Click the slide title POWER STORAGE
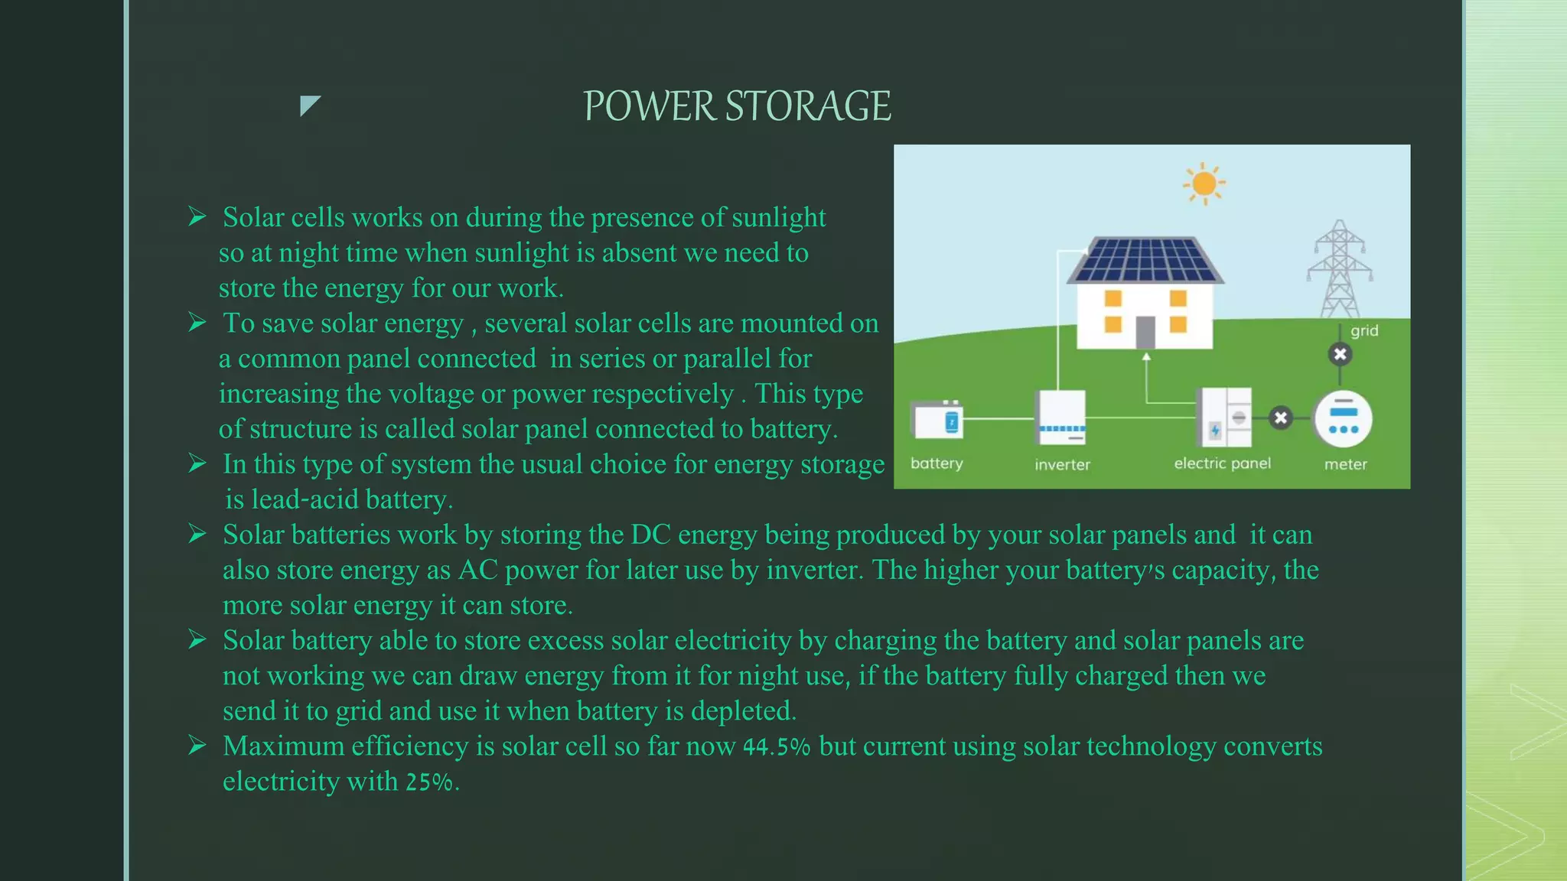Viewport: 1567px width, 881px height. tap(737, 106)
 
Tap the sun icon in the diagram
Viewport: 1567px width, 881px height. tap(1204, 184)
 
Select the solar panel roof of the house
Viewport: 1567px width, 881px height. tap(1145, 260)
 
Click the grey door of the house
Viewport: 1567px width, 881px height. tap(1145, 332)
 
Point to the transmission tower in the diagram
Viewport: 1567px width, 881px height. tap(1340, 269)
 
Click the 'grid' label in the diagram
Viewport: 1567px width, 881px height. tap(1364, 330)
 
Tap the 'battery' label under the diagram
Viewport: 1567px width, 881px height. tap(937, 463)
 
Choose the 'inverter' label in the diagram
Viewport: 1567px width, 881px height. tap(1062, 464)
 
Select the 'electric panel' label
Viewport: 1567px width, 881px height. tap(1222, 463)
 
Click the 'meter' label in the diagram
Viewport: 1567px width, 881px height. tap(1345, 464)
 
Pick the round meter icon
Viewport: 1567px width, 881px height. tap(1343, 419)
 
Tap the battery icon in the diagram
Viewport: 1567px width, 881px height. tap(937, 420)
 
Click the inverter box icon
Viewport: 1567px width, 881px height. tap(1060, 418)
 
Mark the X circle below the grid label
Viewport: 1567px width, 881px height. tap(1340, 354)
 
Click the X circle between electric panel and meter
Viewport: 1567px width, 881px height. tap(1281, 418)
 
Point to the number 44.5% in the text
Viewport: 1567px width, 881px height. tap(776, 747)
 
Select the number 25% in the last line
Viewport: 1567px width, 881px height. tap(428, 782)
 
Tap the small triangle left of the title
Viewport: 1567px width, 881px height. tap(308, 105)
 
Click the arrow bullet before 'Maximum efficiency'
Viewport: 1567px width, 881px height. tap(197, 745)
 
